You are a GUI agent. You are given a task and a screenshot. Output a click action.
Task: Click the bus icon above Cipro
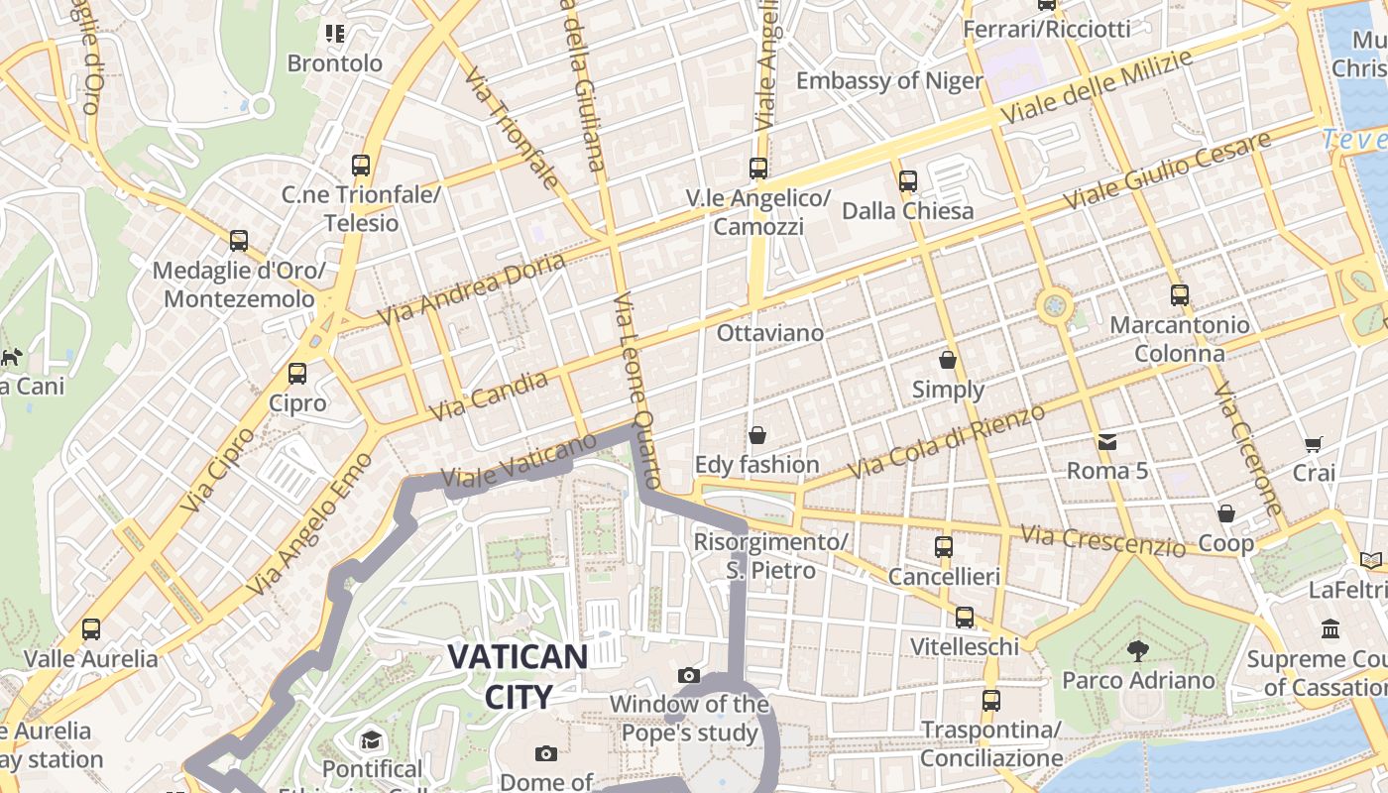coord(297,374)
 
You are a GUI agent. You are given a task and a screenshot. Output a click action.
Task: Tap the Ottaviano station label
coord(770,333)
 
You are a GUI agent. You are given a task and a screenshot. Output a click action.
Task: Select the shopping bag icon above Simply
coord(948,360)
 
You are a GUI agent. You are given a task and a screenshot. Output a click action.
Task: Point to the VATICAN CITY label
coord(518,675)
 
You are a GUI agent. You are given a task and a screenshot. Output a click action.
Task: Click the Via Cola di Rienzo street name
coord(947,440)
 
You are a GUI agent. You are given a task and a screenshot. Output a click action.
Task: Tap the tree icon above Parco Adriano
coord(1137,651)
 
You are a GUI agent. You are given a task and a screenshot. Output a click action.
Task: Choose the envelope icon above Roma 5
coord(1106,441)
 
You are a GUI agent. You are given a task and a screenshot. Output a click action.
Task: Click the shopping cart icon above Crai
coord(1314,444)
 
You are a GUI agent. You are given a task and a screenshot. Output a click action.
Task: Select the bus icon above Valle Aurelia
coord(91,628)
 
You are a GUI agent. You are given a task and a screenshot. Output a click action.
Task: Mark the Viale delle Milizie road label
coord(1096,87)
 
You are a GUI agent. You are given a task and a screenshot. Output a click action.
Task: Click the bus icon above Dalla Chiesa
coord(907,181)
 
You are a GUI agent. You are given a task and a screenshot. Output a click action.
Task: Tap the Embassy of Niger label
coord(889,81)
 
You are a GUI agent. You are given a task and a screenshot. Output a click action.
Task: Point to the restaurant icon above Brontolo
coord(335,34)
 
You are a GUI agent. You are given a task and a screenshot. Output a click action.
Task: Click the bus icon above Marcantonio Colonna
coord(1179,294)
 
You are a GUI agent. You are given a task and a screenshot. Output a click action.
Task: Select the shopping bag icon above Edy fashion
coord(757,435)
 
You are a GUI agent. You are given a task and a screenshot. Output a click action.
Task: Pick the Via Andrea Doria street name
coord(472,288)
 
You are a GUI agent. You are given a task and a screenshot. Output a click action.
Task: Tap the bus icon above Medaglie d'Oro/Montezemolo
coord(239,240)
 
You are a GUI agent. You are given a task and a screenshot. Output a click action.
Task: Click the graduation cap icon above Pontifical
coord(372,739)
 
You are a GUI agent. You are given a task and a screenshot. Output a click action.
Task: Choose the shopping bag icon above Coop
coord(1226,513)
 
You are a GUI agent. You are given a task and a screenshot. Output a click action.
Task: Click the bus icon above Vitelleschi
coord(965,618)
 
